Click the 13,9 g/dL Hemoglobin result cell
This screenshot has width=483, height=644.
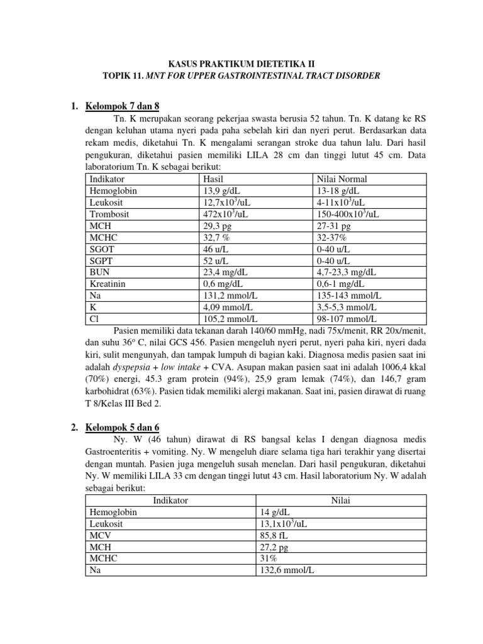point(220,191)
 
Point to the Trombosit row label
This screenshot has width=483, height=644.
point(109,214)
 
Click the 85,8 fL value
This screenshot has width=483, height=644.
point(275,535)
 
